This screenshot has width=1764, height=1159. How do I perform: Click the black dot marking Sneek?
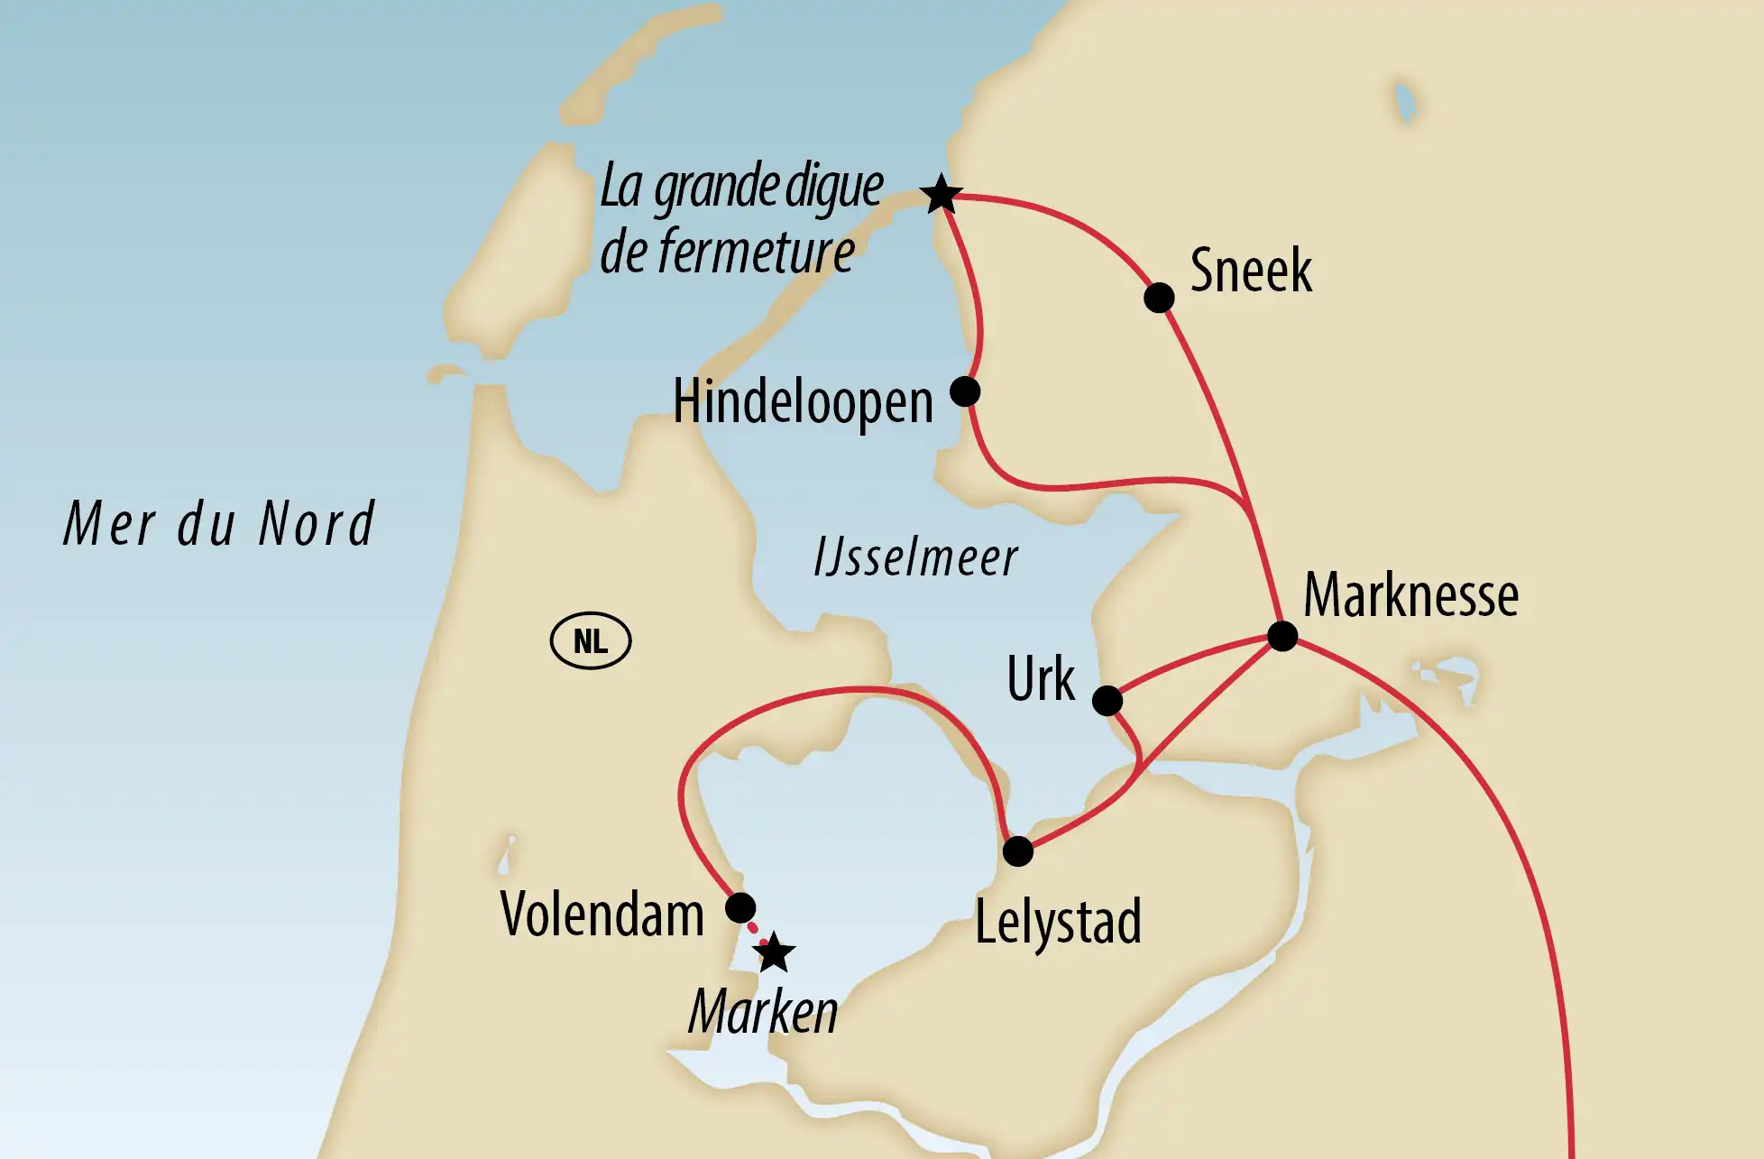click(1159, 297)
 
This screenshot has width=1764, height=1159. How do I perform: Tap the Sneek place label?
click(1251, 271)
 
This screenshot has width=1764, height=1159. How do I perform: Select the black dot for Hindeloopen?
click(965, 391)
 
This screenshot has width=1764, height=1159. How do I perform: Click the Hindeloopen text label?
click(803, 402)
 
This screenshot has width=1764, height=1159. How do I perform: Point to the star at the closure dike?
click(942, 194)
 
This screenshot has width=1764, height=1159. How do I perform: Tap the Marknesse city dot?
click(1282, 636)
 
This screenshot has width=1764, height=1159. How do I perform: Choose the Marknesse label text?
click(1410, 596)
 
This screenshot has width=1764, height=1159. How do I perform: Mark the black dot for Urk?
click(1107, 700)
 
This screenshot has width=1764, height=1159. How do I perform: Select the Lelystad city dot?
click(1018, 851)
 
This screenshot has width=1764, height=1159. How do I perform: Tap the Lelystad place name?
click(1058, 922)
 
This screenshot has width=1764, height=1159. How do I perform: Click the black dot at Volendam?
click(740, 907)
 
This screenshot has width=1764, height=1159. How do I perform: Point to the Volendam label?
click(602, 915)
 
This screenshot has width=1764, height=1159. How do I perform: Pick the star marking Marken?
click(775, 953)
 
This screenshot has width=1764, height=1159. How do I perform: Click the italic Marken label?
click(763, 1012)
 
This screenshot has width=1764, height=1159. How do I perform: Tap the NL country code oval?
click(591, 641)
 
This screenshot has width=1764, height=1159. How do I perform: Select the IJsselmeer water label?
click(915, 557)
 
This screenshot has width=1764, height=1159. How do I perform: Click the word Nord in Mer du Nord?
click(317, 524)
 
